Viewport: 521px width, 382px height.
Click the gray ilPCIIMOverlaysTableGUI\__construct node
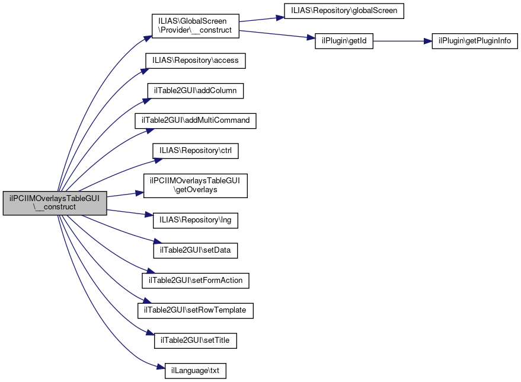click(x=55, y=203)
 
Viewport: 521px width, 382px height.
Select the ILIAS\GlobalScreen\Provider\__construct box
click(x=196, y=26)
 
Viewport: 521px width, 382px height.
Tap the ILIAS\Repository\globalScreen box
click(x=344, y=11)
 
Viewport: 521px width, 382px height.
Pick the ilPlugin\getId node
click(x=344, y=42)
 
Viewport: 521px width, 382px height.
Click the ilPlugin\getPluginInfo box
click(x=475, y=42)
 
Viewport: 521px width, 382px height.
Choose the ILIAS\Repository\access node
click(x=196, y=61)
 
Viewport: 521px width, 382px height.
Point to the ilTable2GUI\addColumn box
click(x=196, y=91)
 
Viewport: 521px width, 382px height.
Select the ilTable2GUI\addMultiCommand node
click(x=196, y=120)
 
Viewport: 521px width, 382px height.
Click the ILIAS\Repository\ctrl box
click(x=196, y=151)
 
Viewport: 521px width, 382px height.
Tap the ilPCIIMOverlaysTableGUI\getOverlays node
click(x=196, y=186)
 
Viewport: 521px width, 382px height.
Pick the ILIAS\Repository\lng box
click(x=196, y=221)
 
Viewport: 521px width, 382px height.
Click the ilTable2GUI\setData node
click(x=196, y=250)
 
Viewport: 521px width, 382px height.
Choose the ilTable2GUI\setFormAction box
click(x=196, y=281)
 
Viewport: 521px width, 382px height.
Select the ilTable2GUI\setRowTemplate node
click(x=196, y=310)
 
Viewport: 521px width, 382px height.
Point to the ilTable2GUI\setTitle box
click(x=196, y=340)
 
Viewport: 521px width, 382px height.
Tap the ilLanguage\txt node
click(x=196, y=371)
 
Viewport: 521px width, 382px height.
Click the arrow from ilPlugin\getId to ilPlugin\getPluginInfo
click(x=402, y=42)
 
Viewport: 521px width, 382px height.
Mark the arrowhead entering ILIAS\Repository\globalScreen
click(x=280, y=18)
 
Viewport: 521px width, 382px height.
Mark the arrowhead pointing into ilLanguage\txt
click(x=161, y=367)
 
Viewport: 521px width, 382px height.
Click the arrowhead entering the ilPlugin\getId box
click(x=311, y=38)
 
